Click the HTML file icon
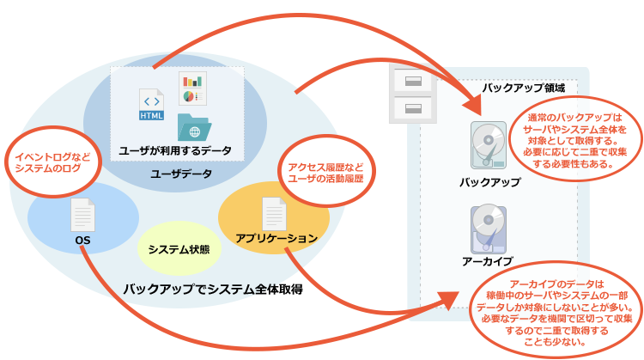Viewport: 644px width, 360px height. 151,104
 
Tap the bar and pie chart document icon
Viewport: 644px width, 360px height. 192,88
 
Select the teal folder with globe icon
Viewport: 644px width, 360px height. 194,127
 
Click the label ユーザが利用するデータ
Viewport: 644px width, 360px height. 175,151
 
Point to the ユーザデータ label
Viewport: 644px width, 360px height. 181,174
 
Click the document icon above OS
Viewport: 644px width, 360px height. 83,215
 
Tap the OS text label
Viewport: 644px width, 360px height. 82,240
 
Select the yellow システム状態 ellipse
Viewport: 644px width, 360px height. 179,248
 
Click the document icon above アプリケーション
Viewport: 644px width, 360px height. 274,214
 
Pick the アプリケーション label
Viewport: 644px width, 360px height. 276,238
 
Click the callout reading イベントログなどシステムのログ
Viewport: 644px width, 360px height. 53,162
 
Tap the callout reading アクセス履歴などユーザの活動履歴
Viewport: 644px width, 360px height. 326,172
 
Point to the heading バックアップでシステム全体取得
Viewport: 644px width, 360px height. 213,290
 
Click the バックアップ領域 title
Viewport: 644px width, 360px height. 524,88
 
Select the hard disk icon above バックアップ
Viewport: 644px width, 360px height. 489,145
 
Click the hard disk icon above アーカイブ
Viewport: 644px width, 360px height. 489,229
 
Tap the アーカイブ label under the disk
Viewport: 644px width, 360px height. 488,261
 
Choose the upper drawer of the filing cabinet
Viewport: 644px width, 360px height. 413,81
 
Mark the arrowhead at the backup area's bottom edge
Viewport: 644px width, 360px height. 447,300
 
